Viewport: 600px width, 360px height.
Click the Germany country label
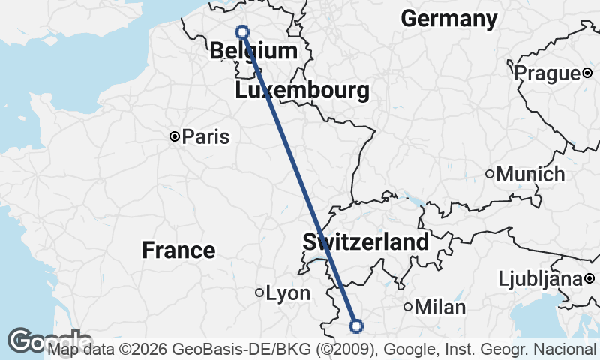pyautogui.click(x=449, y=19)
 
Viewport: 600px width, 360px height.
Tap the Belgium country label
pyautogui.click(x=253, y=51)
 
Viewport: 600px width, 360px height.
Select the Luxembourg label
pyautogui.click(x=301, y=91)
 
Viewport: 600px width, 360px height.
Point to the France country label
pyautogui.click(x=178, y=250)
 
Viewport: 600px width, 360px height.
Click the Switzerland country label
pyautogui.click(x=366, y=242)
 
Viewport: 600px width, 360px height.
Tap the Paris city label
pyautogui.click(x=206, y=137)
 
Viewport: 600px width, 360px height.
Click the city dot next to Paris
pyautogui.click(x=175, y=137)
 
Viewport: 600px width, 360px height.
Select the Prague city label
pyautogui.click(x=547, y=73)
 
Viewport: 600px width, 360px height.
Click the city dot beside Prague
pyautogui.click(x=587, y=73)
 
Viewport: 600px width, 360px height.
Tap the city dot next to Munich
pyautogui.click(x=490, y=175)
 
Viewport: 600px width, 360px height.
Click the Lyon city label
pyautogui.click(x=289, y=293)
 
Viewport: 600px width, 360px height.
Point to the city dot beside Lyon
pyautogui.click(x=259, y=292)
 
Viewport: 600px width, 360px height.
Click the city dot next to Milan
pyautogui.click(x=408, y=306)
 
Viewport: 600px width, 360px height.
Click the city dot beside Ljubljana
pyautogui.click(x=589, y=279)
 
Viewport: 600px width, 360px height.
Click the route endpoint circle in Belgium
pyautogui.click(x=242, y=31)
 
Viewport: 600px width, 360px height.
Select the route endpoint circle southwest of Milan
pyautogui.click(x=356, y=325)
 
